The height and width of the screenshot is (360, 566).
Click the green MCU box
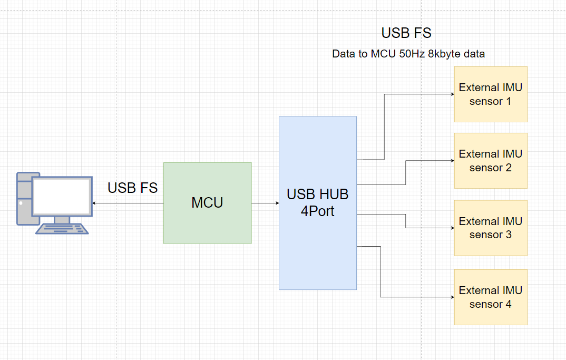coord(208,203)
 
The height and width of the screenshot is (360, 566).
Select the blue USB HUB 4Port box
coord(318,203)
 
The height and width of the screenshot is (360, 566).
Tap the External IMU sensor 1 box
coord(491,94)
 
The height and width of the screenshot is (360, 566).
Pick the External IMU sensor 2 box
coord(491,161)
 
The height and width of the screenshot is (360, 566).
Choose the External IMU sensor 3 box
coord(491,228)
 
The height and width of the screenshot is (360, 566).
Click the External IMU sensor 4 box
coord(491,297)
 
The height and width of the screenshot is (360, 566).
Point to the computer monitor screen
coord(62,196)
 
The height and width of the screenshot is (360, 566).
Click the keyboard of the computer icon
coord(62,229)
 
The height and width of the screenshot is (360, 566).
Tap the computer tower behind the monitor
coord(25,199)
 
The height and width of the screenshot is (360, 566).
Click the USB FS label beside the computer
coord(132,188)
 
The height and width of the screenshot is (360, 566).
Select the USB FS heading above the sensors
coord(406,33)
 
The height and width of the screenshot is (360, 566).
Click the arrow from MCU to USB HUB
coord(265,203)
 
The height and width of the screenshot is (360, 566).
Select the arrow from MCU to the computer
coord(128,203)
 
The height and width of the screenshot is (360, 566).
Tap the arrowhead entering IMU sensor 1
coord(452,94)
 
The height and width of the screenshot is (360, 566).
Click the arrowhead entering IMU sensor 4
coord(452,297)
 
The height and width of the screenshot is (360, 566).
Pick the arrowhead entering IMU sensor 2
coord(452,161)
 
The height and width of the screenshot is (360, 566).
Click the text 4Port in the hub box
coord(318,211)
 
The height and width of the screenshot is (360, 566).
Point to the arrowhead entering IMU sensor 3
coord(452,228)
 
